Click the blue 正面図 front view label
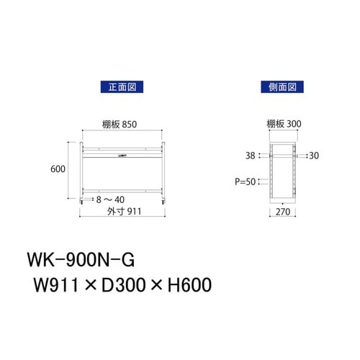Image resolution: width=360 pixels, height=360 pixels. (118, 86)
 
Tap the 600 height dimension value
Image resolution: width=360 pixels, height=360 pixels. (59, 169)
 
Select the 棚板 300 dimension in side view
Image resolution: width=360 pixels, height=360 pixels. (283, 124)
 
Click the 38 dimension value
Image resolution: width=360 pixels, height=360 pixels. (249, 155)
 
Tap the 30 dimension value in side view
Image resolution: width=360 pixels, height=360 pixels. (314, 155)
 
